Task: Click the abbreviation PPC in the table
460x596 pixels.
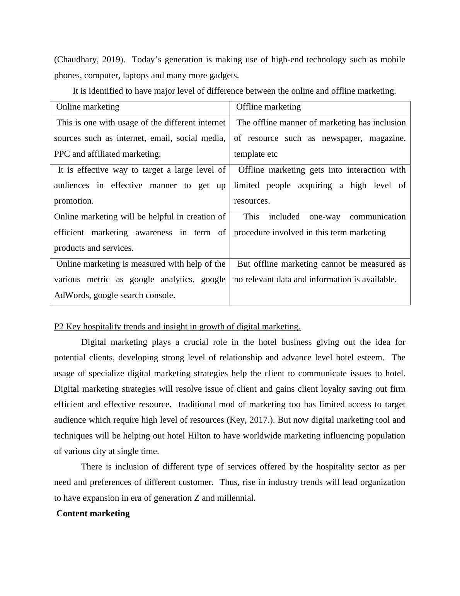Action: [x=62, y=154]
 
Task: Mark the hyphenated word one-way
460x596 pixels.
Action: [x=325, y=217]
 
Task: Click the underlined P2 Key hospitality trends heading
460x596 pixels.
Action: [x=177, y=327]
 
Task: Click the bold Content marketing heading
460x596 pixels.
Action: [x=93, y=514]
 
